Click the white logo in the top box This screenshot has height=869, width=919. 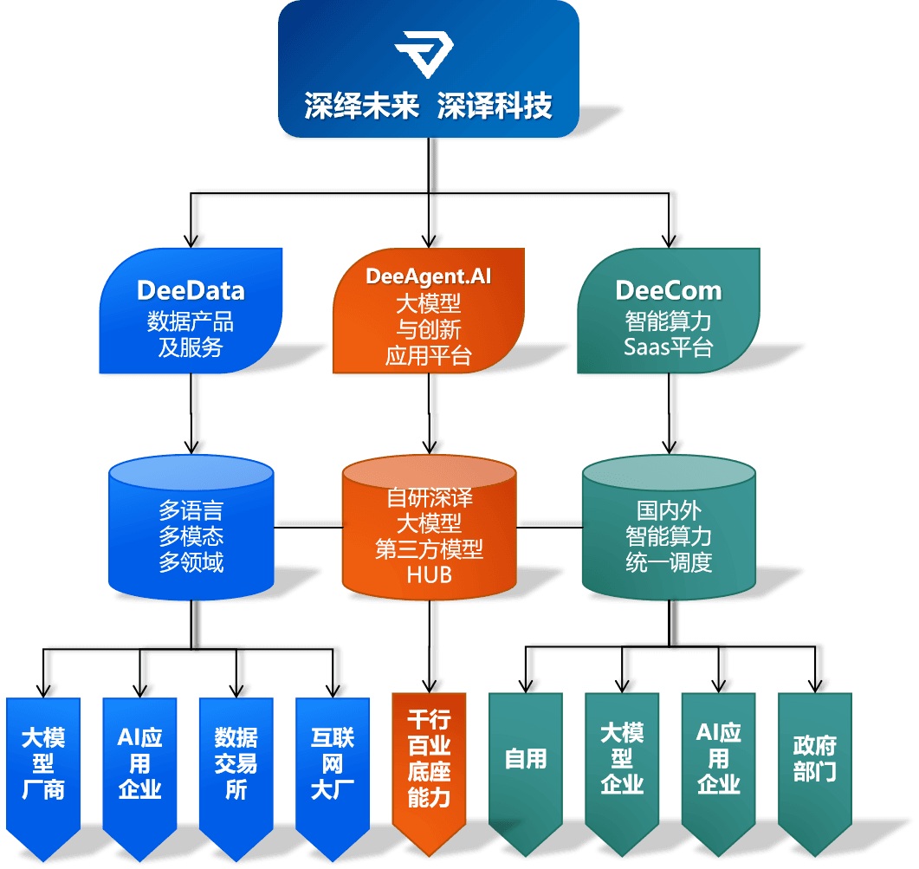424,55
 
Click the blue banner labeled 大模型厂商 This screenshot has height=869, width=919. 43,762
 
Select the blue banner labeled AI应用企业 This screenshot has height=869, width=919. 139,762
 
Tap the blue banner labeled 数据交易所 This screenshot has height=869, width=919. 236,762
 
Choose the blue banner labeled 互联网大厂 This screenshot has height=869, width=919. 332,762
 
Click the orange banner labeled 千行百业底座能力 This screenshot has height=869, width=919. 430,758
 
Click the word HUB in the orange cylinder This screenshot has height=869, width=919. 430,574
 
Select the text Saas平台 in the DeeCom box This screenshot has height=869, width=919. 669,347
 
